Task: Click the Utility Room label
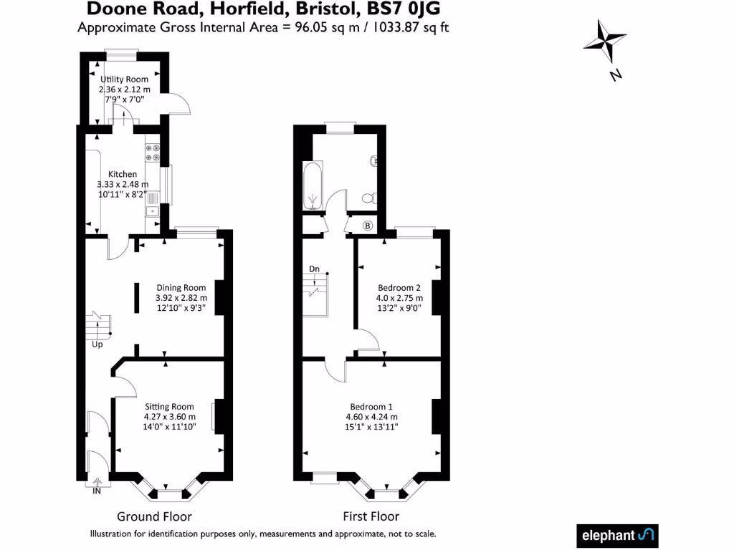pos(124,79)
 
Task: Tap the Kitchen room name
pos(123,174)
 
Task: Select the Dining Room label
pos(181,288)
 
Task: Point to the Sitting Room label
pos(169,407)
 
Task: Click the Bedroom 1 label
pos(371,407)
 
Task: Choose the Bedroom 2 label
pos(399,288)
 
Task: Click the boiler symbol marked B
pos(368,226)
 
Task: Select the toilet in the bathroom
pos(370,198)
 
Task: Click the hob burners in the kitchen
pos(153,153)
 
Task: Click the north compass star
pos(605,41)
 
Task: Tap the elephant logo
pos(617,536)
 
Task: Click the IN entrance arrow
pos(97,483)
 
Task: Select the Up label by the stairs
pos(97,344)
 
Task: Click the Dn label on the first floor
pos(314,269)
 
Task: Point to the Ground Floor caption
pos(155,516)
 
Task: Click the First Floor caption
pos(371,516)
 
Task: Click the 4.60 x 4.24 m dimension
pos(372,417)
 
